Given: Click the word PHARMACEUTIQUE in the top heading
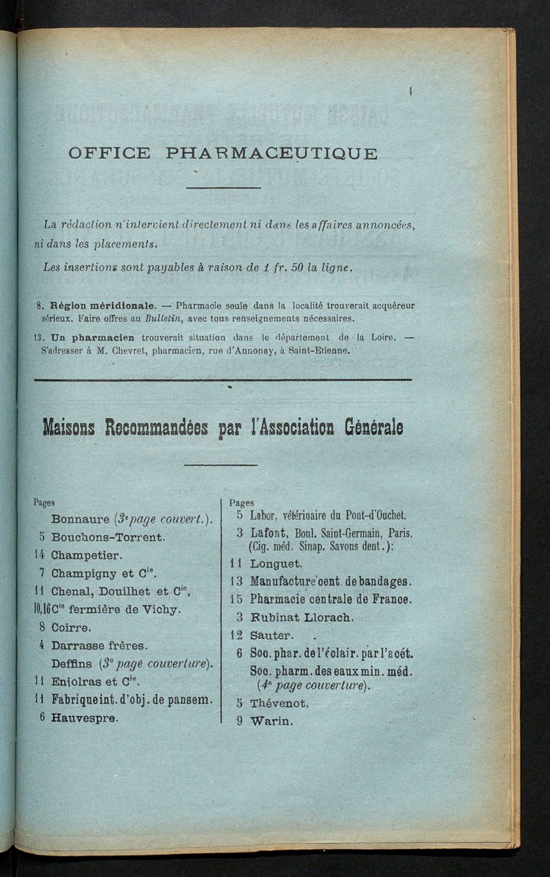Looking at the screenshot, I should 272,153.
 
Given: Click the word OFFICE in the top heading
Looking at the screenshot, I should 109,153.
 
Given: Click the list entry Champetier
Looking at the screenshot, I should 86,555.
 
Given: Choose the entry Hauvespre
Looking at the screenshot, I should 84,717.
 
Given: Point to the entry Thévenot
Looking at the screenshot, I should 279,704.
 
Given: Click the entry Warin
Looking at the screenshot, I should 272,722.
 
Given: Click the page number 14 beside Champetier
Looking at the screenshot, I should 40,555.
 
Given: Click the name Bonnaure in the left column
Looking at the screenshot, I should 80,519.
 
